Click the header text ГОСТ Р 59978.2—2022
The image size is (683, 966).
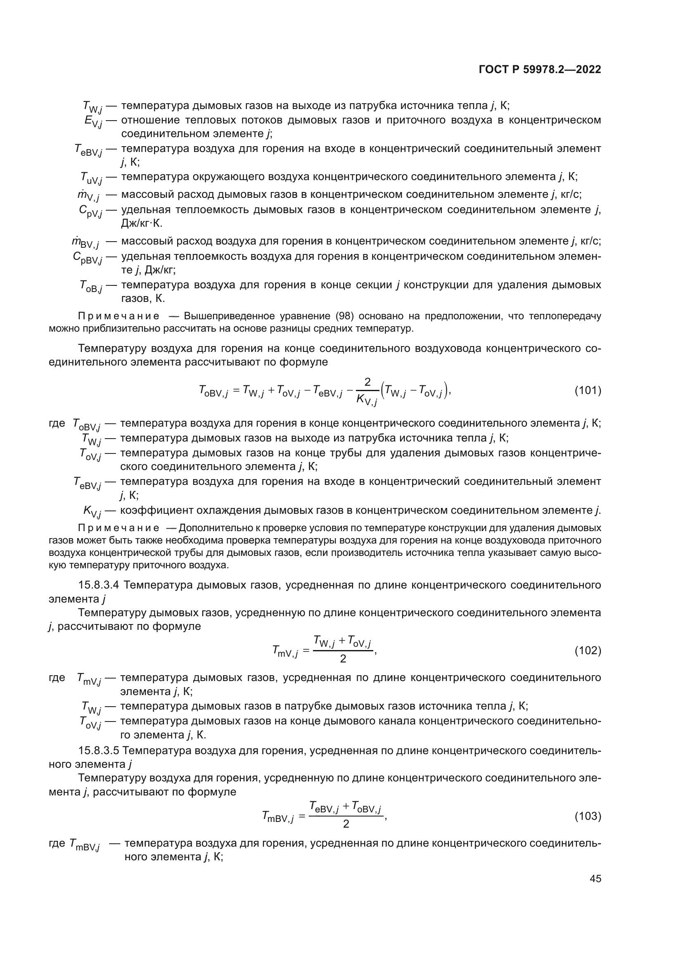540,69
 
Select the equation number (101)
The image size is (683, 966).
588,390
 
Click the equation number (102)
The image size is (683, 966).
588,651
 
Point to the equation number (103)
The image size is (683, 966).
588,816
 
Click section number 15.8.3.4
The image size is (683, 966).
100,585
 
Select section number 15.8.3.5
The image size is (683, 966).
100,750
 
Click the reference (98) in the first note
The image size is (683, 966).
344,316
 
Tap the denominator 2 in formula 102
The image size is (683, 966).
343,659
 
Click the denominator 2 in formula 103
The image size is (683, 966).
346,824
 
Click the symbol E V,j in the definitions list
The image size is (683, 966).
93,121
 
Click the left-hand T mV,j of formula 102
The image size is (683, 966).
285,652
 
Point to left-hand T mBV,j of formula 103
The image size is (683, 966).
277,817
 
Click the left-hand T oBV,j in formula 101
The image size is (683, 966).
213,392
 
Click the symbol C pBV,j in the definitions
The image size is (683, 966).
87,258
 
